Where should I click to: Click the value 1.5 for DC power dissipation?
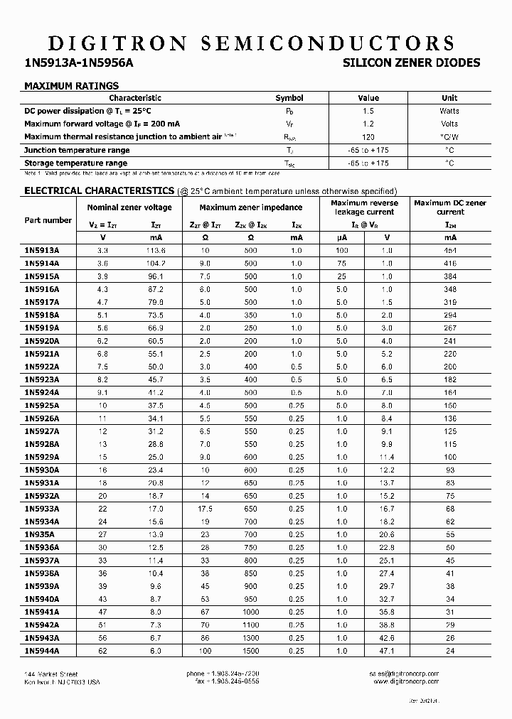point(368,111)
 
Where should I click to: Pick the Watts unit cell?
point(449,111)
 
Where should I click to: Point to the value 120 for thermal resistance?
point(368,136)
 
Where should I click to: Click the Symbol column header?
point(289,98)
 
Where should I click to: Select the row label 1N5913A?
point(42,250)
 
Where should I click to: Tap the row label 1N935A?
point(39,534)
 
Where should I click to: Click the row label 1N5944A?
point(42,650)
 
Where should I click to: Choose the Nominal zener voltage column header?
point(129,207)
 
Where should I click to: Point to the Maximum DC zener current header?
point(450,207)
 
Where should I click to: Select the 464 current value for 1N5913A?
point(450,250)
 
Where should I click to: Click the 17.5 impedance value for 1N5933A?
point(206,508)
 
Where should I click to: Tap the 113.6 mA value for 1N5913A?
point(155,250)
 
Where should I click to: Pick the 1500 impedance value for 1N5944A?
point(250,650)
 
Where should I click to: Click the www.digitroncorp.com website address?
point(406,681)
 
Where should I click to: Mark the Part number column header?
point(48,220)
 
